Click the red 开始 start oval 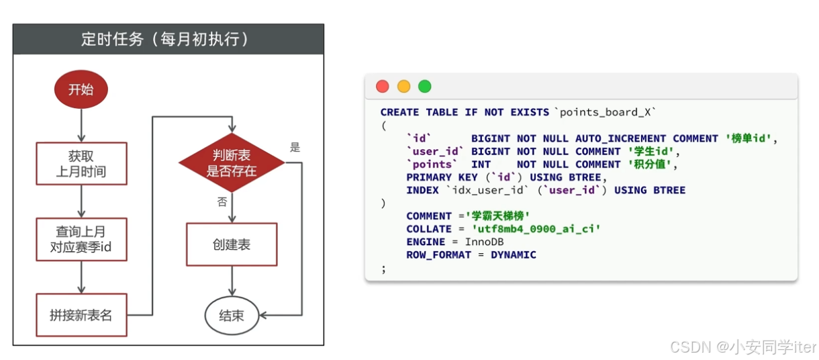pyautogui.click(x=81, y=90)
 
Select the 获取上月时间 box pyautogui.click(x=81, y=164)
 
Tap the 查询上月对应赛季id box pyautogui.click(x=81, y=238)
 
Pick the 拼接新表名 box pyautogui.click(x=81, y=315)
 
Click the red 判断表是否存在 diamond pyautogui.click(x=232, y=163)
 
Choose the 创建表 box pyautogui.click(x=232, y=244)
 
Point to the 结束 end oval pyautogui.click(x=232, y=315)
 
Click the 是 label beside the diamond pyautogui.click(x=295, y=147)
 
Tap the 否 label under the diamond pyautogui.click(x=222, y=202)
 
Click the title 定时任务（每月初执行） pyautogui.click(x=168, y=40)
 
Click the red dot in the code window pyautogui.click(x=383, y=86)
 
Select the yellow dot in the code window pyautogui.click(x=403, y=86)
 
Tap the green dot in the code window pyautogui.click(x=424, y=86)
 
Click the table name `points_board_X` pyautogui.click(x=604, y=112)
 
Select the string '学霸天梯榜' pyautogui.click(x=498, y=216)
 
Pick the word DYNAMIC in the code pyautogui.click(x=514, y=255)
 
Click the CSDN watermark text pyautogui.click(x=742, y=347)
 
